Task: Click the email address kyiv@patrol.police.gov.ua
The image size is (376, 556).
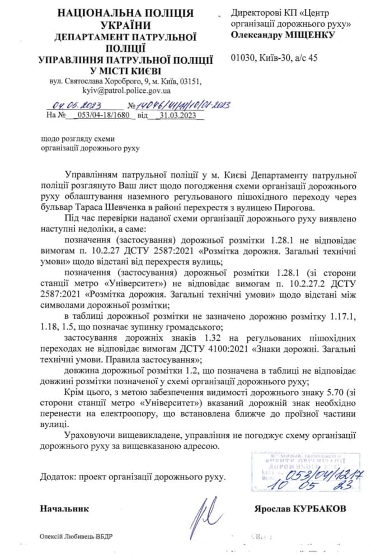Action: (x=126, y=90)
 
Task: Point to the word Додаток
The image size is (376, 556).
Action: (x=57, y=477)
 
